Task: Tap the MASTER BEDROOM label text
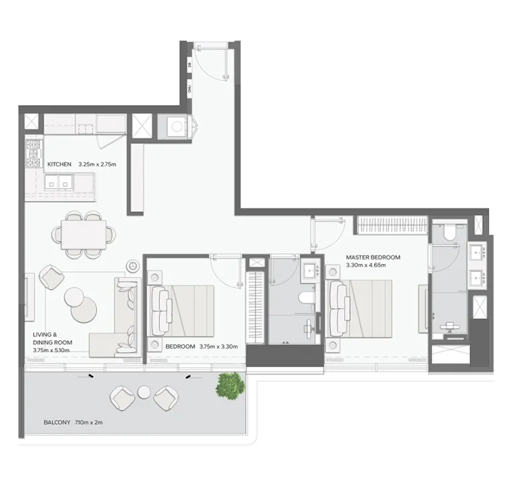click(372, 257)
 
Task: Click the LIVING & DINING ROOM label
click(52, 338)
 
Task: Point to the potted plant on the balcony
click(230, 385)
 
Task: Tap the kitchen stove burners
click(33, 154)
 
